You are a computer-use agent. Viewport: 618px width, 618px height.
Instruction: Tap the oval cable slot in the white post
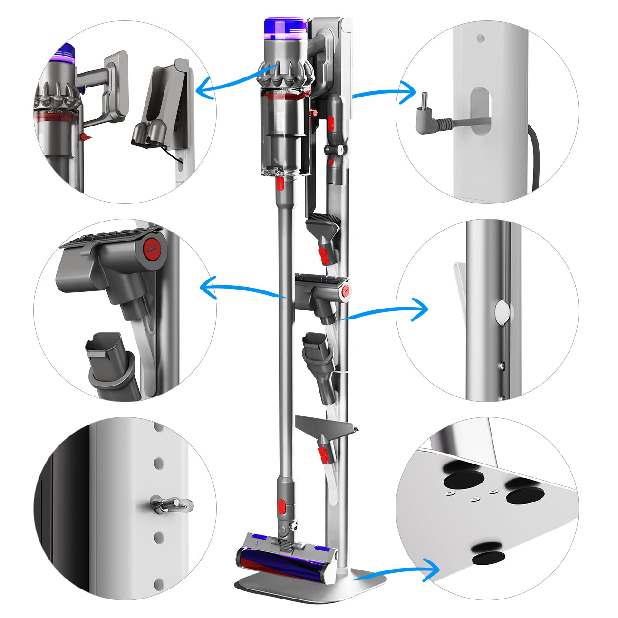click(480, 112)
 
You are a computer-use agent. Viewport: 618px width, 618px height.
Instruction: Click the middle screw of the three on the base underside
click(474, 499)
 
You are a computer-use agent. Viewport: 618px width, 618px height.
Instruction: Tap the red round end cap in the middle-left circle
click(151, 247)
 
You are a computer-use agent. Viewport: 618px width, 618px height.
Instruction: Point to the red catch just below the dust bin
click(281, 184)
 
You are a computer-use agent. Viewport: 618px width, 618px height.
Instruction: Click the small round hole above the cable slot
click(481, 38)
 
